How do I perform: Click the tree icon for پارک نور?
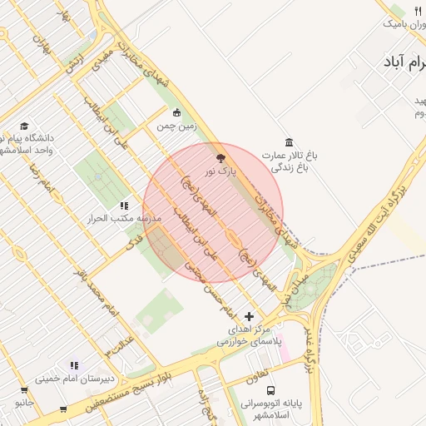point(220,157)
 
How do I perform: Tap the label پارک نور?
point(221,171)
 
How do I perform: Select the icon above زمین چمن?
point(176,112)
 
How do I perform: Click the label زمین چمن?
point(177,126)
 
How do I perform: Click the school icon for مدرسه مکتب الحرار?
point(124,205)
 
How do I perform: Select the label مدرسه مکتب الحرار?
point(124,219)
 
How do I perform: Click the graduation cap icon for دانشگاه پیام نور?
point(22,125)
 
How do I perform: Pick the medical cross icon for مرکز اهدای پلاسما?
point(250,316)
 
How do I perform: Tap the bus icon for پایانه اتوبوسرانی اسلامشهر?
point(270,389)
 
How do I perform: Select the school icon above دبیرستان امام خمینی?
point(74,364)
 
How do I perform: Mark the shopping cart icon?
point(63,409)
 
